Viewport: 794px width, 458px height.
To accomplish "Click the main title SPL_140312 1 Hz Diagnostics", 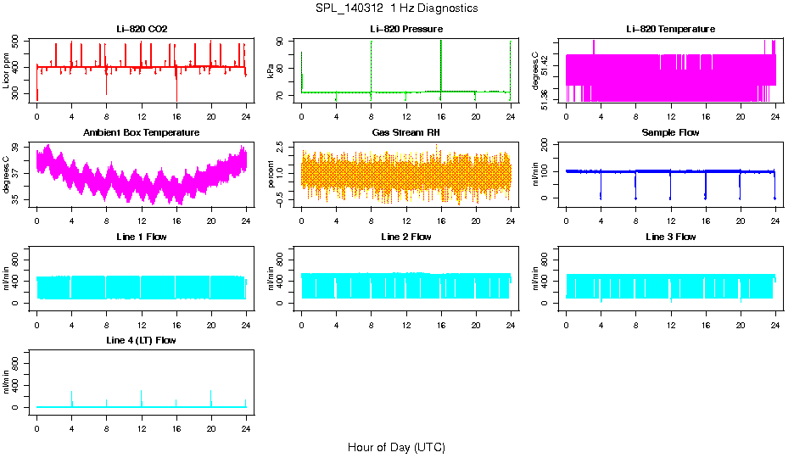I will (x=396, y=8).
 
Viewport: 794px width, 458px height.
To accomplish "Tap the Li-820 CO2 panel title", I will (x=142, y=29).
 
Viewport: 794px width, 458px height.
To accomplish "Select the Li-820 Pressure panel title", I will (x=406, y=29).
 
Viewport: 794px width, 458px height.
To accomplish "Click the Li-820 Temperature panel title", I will (x=670, y=29).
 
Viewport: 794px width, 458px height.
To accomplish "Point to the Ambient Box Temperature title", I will (x=142, y=132).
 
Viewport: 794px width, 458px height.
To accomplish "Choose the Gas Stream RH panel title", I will (x=406, y=132).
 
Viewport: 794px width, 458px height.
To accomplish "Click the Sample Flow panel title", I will (x=670, y=132).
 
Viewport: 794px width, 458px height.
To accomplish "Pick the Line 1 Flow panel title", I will (x=142, y=237).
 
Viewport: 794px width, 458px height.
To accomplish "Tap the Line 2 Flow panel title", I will (x=406, y=237).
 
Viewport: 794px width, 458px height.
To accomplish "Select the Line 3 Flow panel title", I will (x=670, y=237).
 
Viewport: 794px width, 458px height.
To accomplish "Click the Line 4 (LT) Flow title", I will (x=142, y=340).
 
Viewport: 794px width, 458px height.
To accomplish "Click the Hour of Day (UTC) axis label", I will (x=396, y=447).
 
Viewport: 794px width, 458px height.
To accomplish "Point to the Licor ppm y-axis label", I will (x=6, y=70).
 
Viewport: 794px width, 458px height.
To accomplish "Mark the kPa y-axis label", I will (x=271, y=70).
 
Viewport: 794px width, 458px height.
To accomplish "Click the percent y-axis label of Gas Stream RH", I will (x=271, y=174).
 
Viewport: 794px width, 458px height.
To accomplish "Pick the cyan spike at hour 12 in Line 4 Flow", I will (x=142, y=397).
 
